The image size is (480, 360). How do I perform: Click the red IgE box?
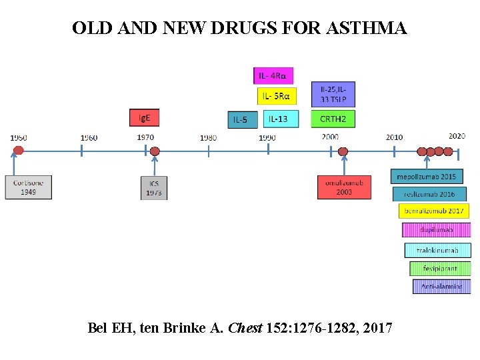[144, 118]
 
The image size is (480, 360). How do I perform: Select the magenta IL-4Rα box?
[273, 76]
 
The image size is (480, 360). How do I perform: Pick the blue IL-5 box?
[241, 120]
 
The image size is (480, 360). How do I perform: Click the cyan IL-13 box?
[281, 119]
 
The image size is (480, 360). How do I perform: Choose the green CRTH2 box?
[333, 119]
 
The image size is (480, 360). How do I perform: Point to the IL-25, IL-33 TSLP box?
[333, 94]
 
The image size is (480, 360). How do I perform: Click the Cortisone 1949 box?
[29, 187]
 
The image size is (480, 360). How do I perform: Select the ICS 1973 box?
[154, 188]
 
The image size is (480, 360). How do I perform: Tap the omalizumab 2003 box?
[344, 187]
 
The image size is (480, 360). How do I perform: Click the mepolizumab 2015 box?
[427, 177]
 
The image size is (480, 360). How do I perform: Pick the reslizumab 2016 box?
[429, 194]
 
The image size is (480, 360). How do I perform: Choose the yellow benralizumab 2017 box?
[434, 211]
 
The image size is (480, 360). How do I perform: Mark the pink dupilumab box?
[437, 230]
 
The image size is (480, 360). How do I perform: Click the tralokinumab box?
[438, 251]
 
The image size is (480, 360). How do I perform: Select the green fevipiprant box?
[440, 269]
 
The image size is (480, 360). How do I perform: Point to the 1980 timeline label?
[209, 138]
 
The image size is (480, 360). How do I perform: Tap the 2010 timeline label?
[394, 137]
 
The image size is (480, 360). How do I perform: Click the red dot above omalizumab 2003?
[343, 151]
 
